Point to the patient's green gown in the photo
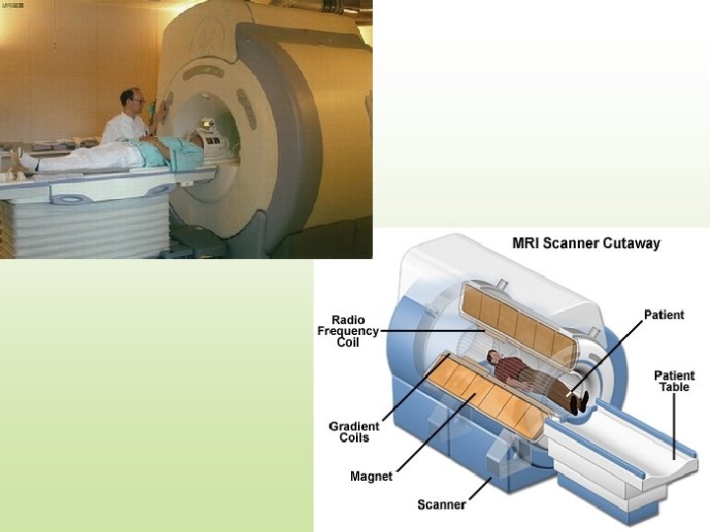click(163, 151)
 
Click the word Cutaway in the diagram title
click(628, 243)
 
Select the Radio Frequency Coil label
click(349, 331)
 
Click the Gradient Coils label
click(354, 432)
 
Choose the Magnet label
click(371, 476)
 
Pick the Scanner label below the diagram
click(441, 504)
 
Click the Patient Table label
click(675, 381)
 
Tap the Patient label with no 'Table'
click(664, 315)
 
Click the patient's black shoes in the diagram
click(579, 400)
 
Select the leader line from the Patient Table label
click(675, 425)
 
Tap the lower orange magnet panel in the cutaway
click(483, 399)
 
